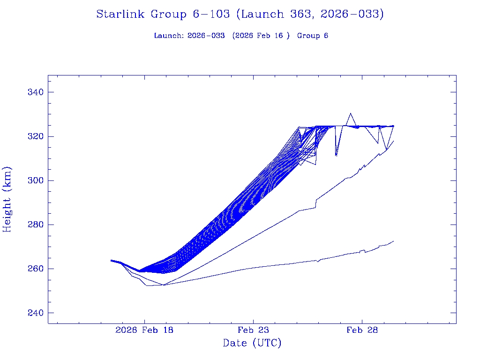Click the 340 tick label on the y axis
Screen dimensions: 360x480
35,92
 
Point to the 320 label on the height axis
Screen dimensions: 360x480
35,136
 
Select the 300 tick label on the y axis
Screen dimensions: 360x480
35,180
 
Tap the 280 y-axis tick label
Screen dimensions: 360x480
35,225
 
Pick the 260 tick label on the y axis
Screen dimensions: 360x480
35,269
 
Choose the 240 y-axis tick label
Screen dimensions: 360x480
35,313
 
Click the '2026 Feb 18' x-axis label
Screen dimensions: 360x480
144,330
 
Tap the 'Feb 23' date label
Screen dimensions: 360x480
253,330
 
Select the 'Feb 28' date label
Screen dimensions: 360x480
362,330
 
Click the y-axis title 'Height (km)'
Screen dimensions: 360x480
7,199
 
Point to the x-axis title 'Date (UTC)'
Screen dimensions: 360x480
252,343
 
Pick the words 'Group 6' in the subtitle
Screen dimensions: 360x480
313,36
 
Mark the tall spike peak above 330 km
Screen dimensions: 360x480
350,113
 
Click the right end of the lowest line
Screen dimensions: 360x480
394,241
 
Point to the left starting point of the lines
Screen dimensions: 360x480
111,260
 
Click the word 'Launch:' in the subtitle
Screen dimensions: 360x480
169,36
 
